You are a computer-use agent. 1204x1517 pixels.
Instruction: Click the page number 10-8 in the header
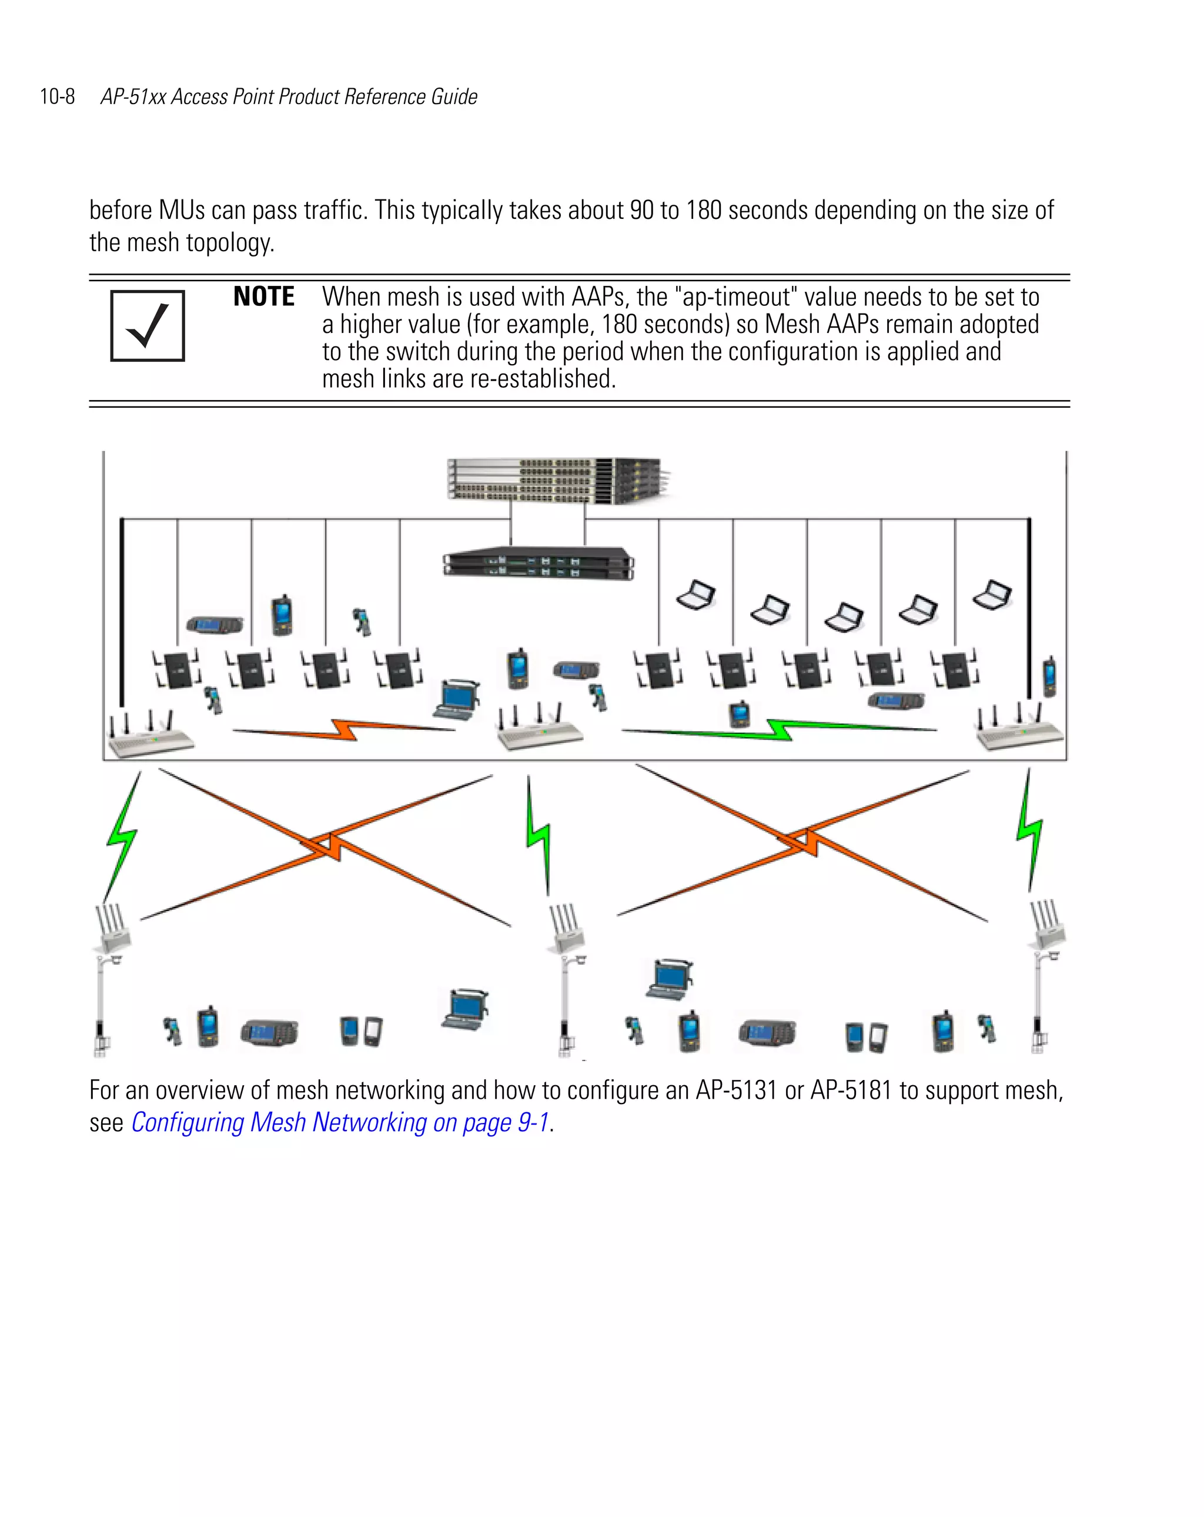point(57,96)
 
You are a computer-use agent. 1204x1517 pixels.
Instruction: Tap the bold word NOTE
point(264,296)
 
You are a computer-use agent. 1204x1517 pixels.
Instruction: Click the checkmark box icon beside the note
point(148,326)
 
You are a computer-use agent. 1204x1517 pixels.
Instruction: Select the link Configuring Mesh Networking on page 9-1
point(340,1122)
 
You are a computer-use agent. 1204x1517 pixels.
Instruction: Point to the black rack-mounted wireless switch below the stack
point(539,563)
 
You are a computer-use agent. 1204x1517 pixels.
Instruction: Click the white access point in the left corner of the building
point(149,736)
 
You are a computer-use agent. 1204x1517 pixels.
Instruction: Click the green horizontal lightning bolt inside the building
point(779,729)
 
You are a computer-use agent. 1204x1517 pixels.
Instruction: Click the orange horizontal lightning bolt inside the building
point(344,729)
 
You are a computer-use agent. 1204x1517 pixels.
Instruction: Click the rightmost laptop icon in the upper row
point(992,595)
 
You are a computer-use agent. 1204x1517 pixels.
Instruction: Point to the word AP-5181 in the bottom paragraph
point(851,1090)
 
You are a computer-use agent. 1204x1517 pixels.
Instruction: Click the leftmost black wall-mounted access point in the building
point(176,669)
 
